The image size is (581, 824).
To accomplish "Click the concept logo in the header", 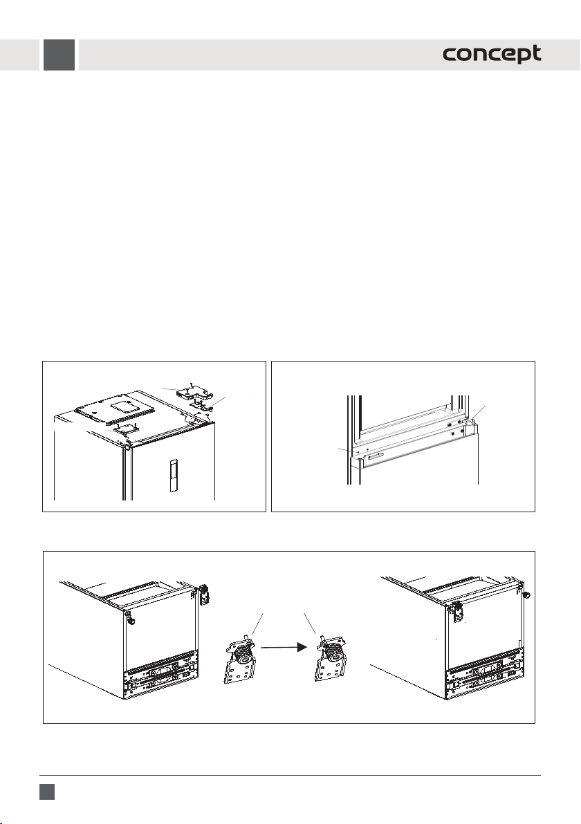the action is point(492,54).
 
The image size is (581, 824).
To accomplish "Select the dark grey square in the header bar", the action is point(59,55).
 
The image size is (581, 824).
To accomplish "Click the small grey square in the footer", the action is point(47,792).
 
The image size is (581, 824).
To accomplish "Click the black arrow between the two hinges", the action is point(284,648).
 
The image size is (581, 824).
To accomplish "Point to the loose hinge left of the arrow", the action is point(239,659).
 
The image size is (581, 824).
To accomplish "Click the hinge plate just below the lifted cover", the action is point(201,404).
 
